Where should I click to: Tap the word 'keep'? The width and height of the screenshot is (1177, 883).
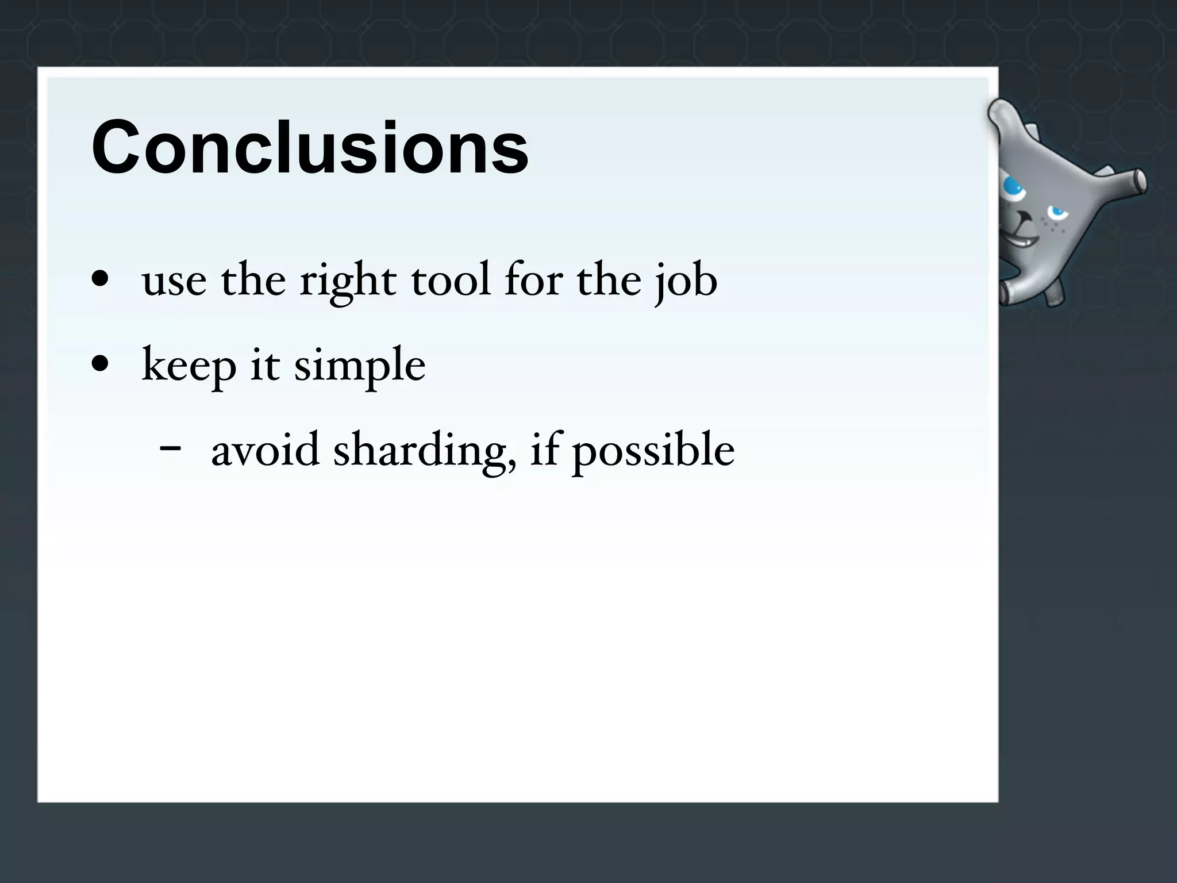(189, 366)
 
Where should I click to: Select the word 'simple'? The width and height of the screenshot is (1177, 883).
(360, 367)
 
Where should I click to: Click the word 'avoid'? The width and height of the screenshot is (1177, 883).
(265, 450)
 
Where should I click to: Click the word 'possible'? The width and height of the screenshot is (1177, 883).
(653, 451)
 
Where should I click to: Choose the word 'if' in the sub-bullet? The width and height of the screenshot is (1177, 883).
(544, 450)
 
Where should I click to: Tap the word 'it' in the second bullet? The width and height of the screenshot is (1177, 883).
(265, 366)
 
